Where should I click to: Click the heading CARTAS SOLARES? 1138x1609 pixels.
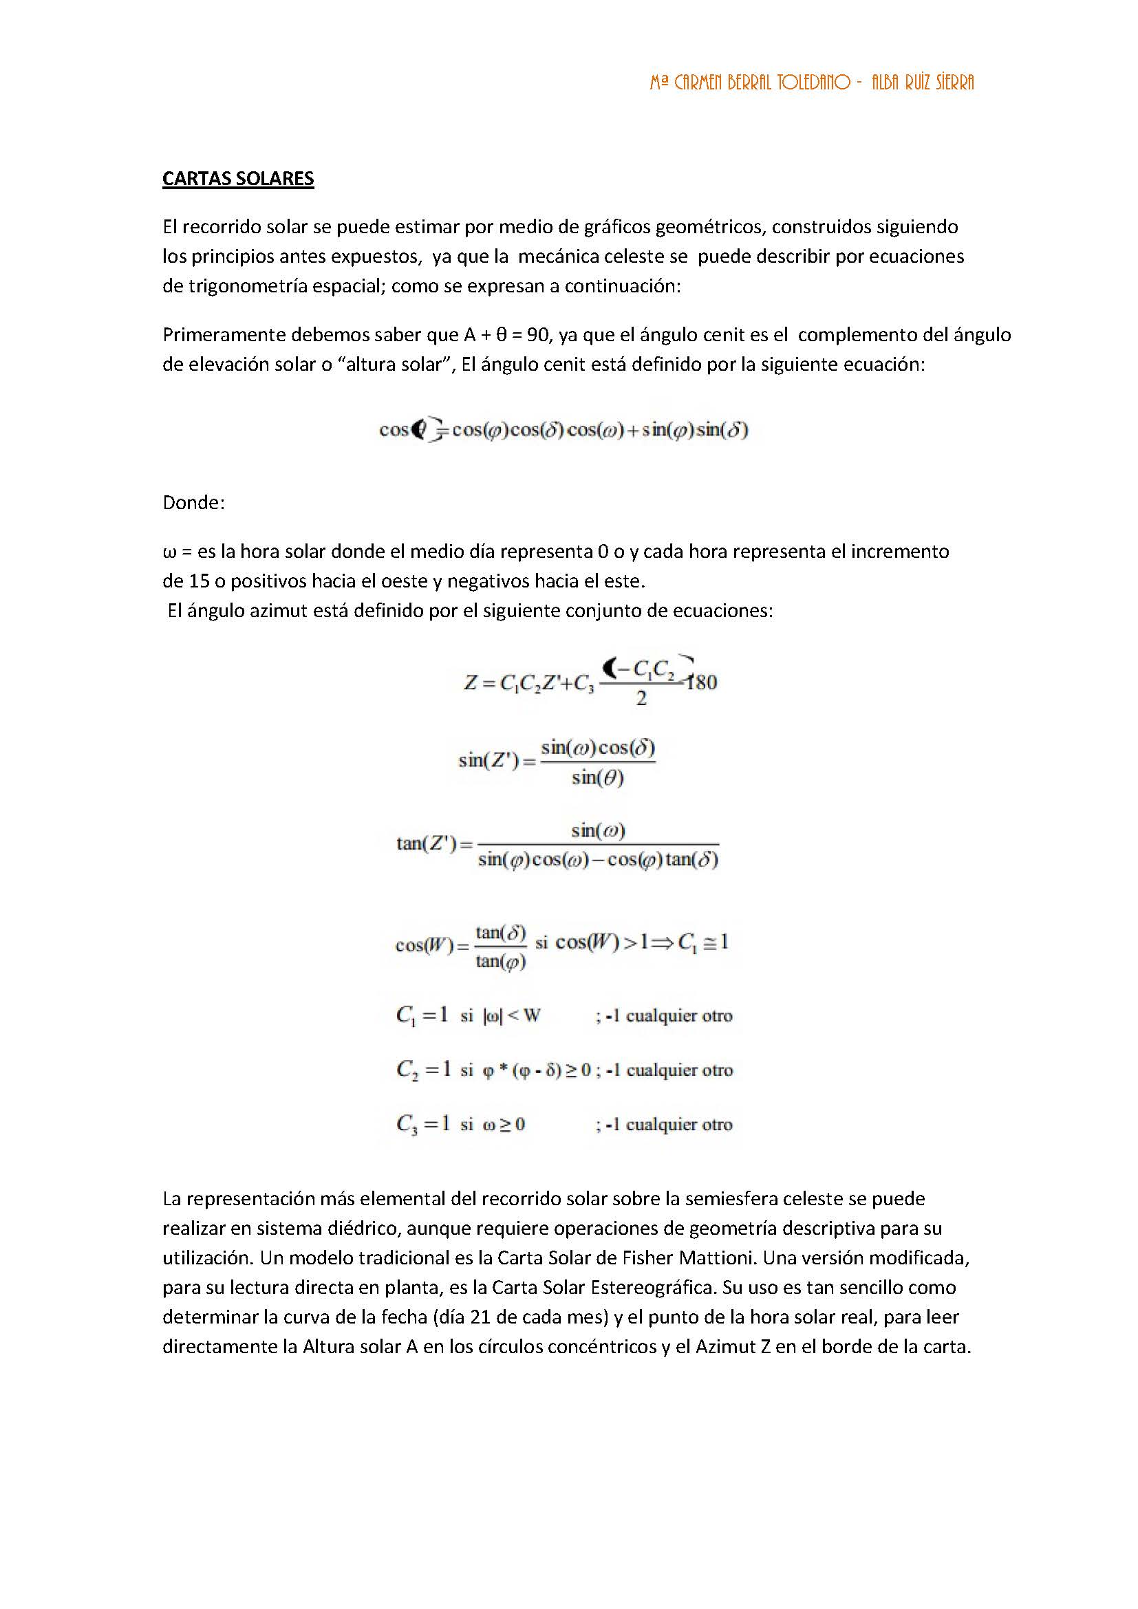point(237,179)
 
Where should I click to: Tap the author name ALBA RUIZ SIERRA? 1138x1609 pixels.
point(922,83)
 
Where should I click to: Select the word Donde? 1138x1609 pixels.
point(193,502)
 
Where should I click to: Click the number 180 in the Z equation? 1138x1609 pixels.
point(701,682)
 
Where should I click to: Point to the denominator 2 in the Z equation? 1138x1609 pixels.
point(641,699)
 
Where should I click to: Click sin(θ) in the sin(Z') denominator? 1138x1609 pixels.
point(597,777)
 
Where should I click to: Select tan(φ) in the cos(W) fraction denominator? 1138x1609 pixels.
point(500,962)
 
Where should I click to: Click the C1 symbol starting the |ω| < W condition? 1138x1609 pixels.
point(406,1015)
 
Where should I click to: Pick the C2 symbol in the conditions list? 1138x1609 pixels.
point(407,1070)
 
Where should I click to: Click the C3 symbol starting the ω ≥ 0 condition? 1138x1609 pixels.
point(407,1124)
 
